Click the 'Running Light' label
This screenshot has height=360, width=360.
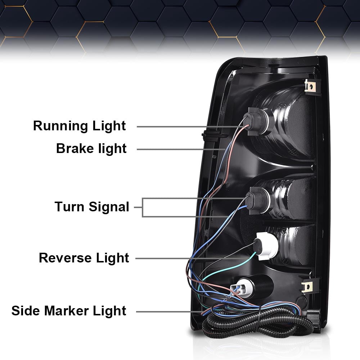click(x=80, y=126)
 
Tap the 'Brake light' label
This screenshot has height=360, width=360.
click(x=91, y=149)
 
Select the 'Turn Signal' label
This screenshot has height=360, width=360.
click(x=92, y=207)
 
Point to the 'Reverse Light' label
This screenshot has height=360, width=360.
click(x=84, y=258)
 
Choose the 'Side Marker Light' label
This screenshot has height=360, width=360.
click(x=69, y=311)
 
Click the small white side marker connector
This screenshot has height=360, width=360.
click(x=240, y=288)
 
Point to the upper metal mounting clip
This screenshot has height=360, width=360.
click(x=310, y=86)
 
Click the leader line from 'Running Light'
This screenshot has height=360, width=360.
click(x=190, y=126)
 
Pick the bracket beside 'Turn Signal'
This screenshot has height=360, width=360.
click(x=142, y=207)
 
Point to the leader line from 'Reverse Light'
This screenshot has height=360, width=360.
click(x=190, y=258)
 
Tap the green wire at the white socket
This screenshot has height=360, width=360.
click(x=230, y=267)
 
